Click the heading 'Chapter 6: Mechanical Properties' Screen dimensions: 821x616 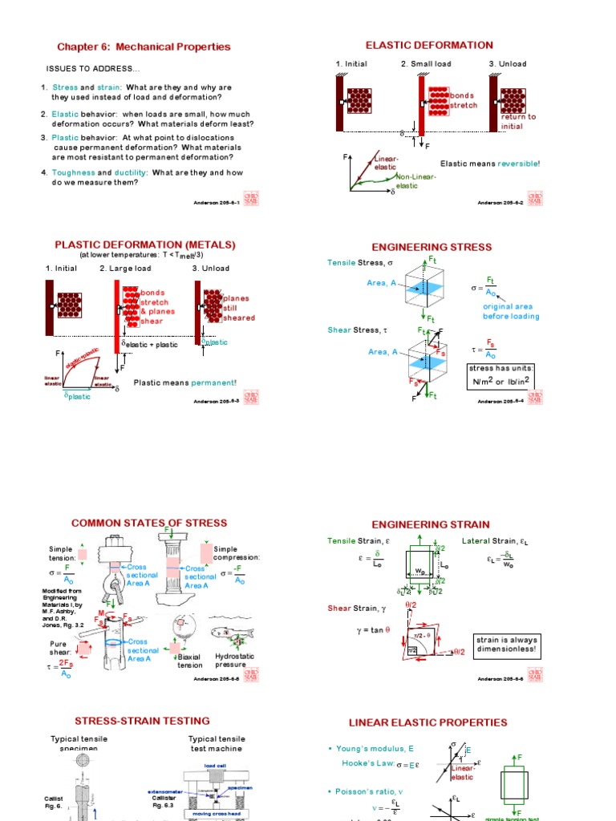pos(143,47)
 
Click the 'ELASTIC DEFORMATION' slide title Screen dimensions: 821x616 pos(429,45)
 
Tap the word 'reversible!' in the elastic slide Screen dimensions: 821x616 pos(519,164)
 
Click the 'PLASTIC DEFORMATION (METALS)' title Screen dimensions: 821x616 pos(144,245)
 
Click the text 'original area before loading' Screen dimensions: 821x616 pos(511,311)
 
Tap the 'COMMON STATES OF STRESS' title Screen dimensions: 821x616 pos(149,523)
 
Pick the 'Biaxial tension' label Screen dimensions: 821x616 pos(190,660)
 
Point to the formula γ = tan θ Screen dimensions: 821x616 pos(374,630)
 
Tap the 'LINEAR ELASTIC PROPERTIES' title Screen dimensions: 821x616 pos(440,722)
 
